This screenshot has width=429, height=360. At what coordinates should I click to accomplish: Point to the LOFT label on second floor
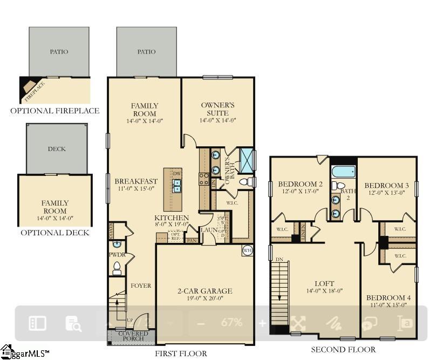(324, 283)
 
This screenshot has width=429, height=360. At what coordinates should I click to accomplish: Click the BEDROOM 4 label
(388, 298)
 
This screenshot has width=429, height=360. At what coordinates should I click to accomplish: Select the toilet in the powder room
(116, 268)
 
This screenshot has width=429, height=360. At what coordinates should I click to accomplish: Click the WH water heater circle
(247, 250)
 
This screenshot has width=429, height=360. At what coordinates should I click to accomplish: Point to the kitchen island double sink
(176, 186)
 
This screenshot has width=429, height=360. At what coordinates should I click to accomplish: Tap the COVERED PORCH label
(133, 336)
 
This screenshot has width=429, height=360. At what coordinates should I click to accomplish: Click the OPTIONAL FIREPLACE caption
(55, 111)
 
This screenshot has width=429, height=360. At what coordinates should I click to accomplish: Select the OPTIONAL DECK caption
(55, 233)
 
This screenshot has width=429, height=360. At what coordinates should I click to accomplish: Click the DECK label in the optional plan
(57, 149)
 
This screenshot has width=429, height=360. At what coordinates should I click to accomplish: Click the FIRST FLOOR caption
(181, 354)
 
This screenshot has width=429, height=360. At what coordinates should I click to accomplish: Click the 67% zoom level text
(231, 323)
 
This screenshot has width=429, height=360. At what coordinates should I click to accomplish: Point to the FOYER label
(141, 286)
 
